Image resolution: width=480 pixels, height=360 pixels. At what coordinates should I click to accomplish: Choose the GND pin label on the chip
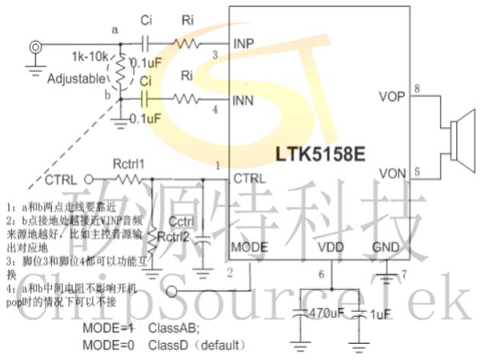pos(386,247)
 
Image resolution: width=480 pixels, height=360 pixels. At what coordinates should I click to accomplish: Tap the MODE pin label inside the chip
pos(249,247)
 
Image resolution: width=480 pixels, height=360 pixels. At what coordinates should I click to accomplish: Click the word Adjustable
pos(76,79)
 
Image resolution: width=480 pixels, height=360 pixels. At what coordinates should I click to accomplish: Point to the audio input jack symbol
pos(34,47)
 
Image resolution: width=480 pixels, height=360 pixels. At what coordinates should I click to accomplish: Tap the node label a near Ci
pos(115,30)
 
